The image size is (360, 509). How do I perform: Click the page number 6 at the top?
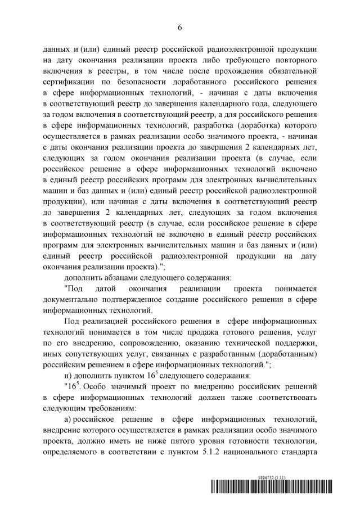(179, 27)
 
